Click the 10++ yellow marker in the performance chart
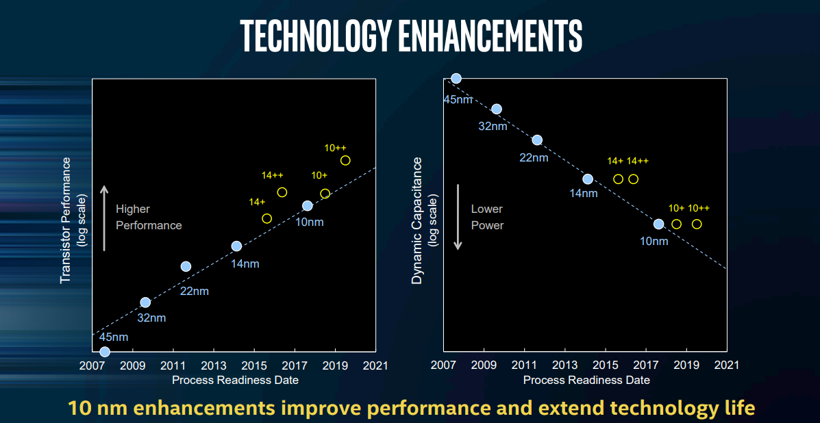click(345, 160)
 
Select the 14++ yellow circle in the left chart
click(282, 192)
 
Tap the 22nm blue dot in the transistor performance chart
click(186, 266)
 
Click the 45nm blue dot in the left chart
click(105, 352)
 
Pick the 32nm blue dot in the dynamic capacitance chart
click(497, 109)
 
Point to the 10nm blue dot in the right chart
click(658, 224)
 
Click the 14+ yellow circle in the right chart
click(618, 179)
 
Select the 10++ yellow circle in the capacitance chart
click(697, 224)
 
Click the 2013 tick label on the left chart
click(214, 366)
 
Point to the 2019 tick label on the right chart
click(686, 366)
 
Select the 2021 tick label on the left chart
click(375, 366)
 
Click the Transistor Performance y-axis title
click(66, 220)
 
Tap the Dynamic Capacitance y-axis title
click(417, 220)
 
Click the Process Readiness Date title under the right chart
click(586, 380)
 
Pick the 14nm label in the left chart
click(245, 264)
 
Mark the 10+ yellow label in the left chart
click(319, 175)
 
